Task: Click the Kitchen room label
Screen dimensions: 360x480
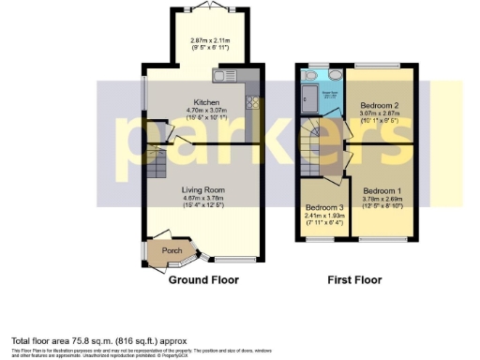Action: [206, 102]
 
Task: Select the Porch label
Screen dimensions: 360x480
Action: [172, 250]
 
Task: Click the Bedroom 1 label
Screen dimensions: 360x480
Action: [382, 190]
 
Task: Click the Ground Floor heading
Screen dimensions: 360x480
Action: [203, 279]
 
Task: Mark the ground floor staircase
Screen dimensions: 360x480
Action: [157, 165]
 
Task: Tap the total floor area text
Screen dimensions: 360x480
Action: [98, 340]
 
